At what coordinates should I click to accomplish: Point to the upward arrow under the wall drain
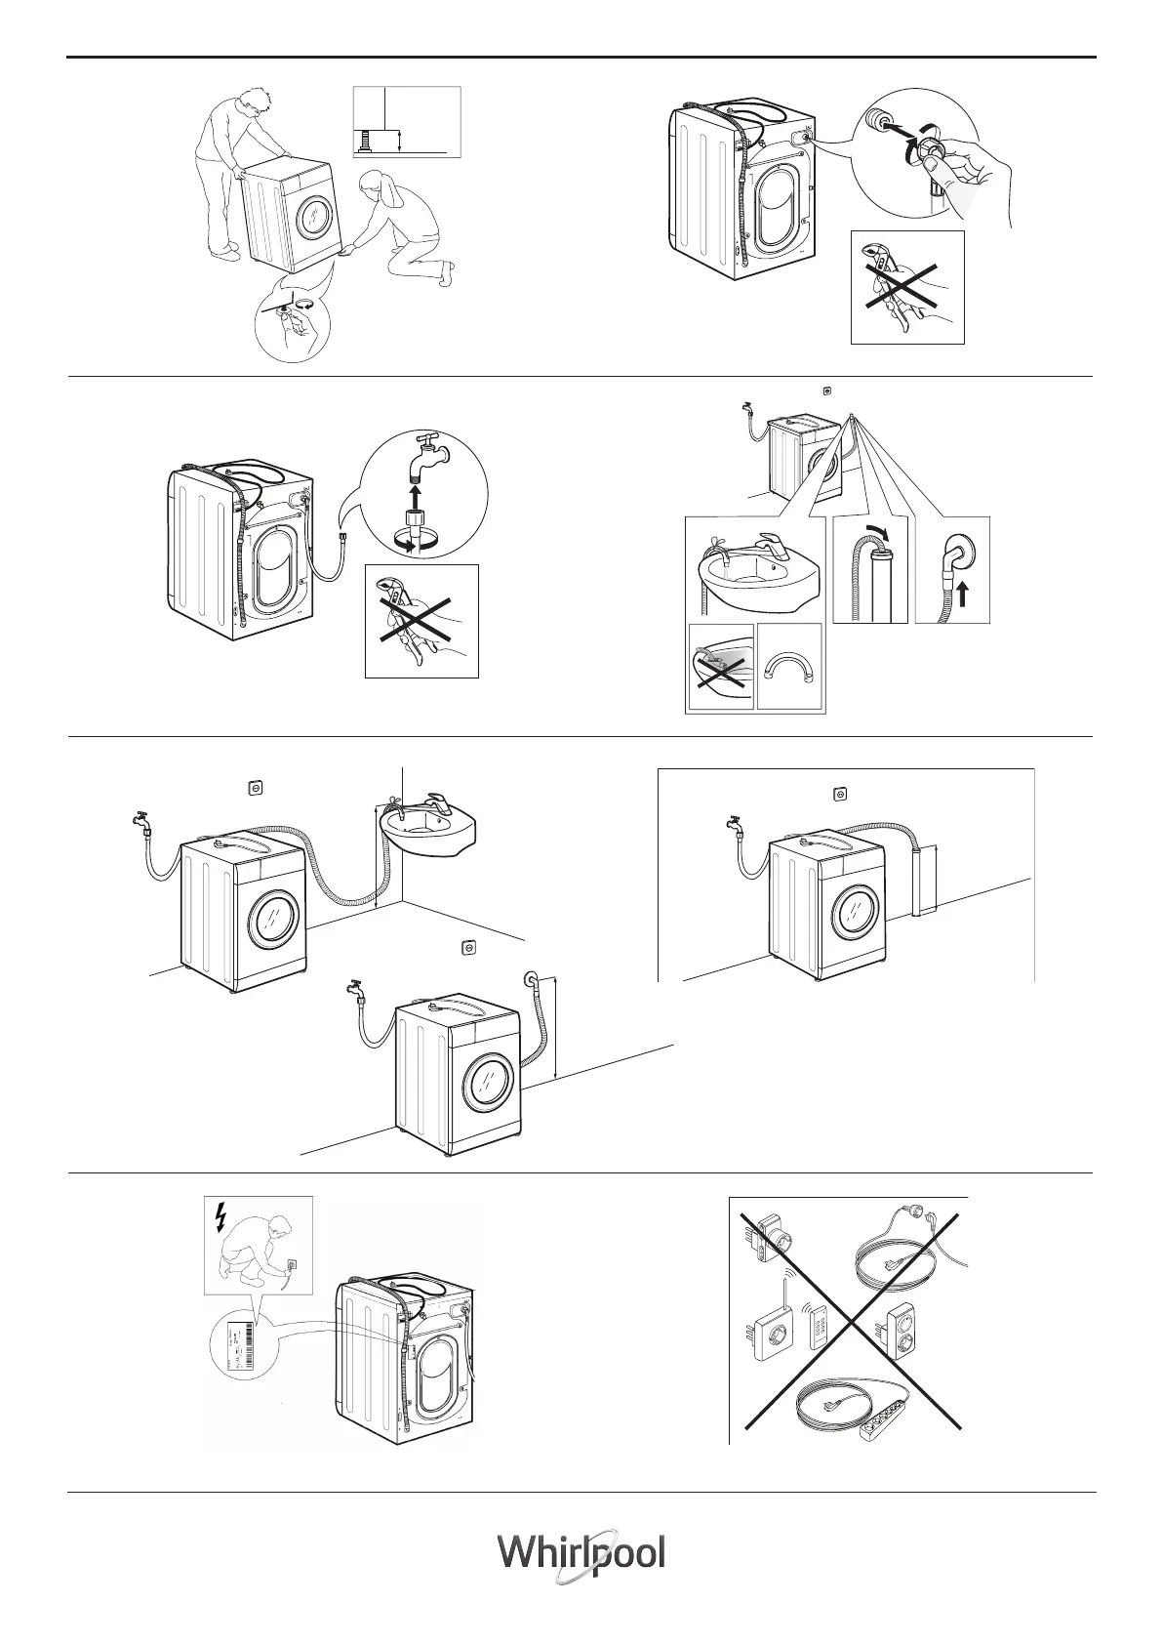click(x=961, y=595)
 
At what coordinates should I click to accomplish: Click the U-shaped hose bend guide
click(x=790, y=670)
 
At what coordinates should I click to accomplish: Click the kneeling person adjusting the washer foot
click(x=405, y=229)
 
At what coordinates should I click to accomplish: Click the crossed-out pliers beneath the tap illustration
click(x=421, y=620)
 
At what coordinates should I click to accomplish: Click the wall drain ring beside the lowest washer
click(x=531, y=978)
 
